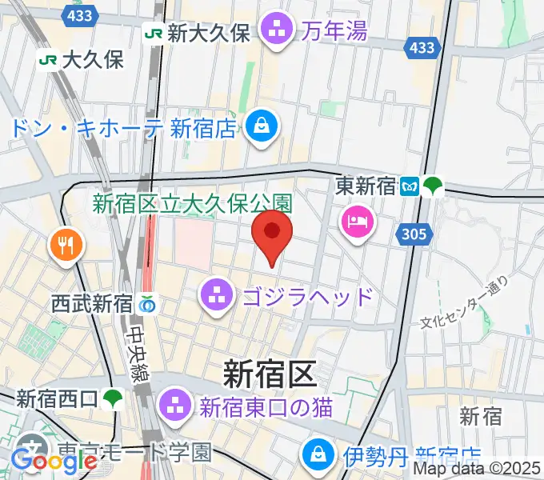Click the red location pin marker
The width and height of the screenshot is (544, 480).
[272, 234]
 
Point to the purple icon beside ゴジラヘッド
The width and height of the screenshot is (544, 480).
[217, 297]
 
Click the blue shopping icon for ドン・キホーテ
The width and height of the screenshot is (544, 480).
[262, 126]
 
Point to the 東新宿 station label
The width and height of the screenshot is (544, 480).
[366, 186]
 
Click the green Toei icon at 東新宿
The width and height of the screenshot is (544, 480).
[433, 186]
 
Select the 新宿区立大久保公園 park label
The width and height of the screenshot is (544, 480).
[193, 204]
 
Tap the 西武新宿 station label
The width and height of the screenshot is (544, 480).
[91, 304]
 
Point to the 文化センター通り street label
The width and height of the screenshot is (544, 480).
[465, 302]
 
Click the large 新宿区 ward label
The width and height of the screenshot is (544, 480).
[270, 372]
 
